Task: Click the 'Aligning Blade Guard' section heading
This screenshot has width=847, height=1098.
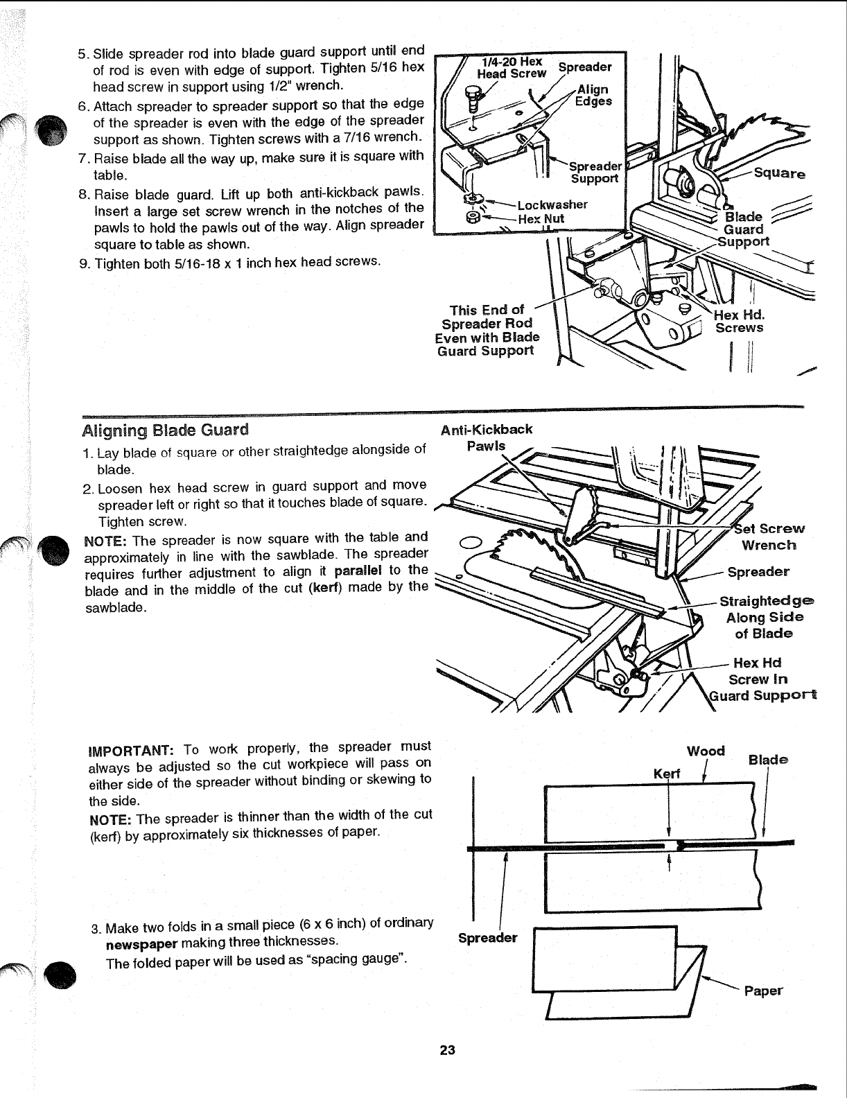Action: (164, 429)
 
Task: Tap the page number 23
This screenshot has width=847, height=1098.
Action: (447, 1050)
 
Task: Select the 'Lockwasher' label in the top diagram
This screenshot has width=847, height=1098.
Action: (552, 204)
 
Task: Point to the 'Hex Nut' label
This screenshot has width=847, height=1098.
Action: (541, 218)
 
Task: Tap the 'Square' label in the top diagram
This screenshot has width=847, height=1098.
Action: (779, 174)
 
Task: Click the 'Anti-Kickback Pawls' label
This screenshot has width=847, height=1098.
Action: (486, 437)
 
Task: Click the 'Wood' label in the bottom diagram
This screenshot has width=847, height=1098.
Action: (706, 751)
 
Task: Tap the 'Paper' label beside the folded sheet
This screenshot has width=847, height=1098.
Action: (762, 991)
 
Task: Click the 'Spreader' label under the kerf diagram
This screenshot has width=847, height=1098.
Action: (488, 938)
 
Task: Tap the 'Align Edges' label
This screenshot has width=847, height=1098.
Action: (594, 96)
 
